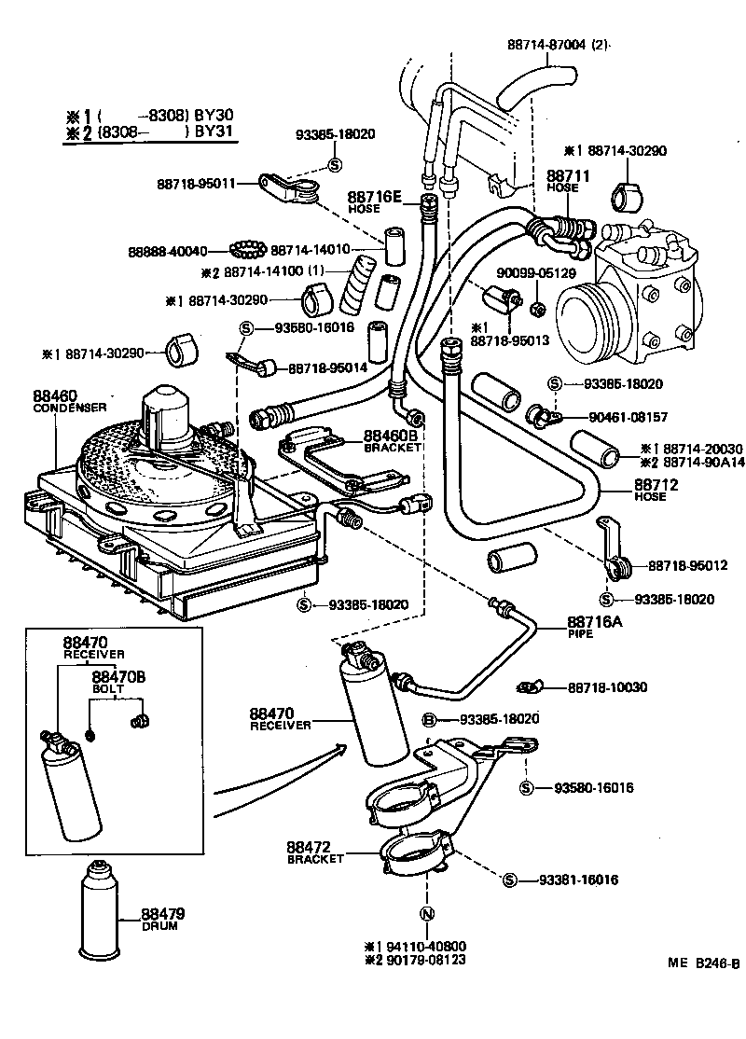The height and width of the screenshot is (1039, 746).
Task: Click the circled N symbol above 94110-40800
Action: pyautogui.click(x=425, y=914)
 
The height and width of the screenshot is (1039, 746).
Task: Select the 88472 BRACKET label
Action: pyautogui.click(x=316, y=852)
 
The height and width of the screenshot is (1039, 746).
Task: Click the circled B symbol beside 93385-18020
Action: pyautogui.click(x=430, y=720)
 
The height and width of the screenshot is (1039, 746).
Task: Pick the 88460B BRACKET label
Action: pyautogui.click(x=393, y=440)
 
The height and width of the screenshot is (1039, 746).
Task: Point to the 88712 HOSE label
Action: pyautogui.click(x=656, y=490)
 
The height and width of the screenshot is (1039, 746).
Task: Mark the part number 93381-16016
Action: pyautogui.click(x=577, y=880)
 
